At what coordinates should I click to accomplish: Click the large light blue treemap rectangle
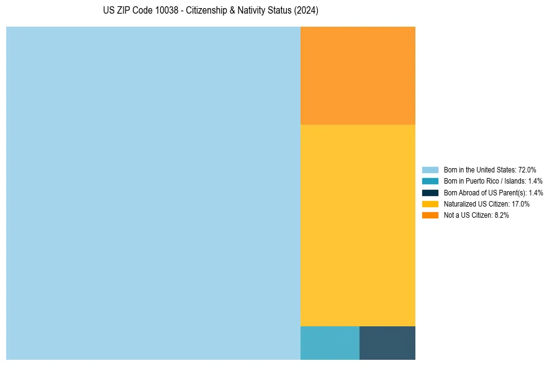point(153,193)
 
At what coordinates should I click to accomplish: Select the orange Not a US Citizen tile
point(358,76)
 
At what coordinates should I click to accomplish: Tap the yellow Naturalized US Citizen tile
point(358,225)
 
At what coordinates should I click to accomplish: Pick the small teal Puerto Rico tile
point(330,343)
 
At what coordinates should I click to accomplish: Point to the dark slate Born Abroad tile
point(387,343)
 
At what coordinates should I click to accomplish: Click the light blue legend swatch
point(430,170)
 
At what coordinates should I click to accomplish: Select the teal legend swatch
point(430,181)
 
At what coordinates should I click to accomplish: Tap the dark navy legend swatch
point(430,192)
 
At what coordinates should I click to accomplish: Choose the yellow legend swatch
point(430,203)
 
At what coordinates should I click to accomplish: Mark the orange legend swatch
point(430,215)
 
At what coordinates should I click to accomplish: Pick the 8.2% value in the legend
point(501,215)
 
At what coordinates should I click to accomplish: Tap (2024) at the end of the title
point(307,11)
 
